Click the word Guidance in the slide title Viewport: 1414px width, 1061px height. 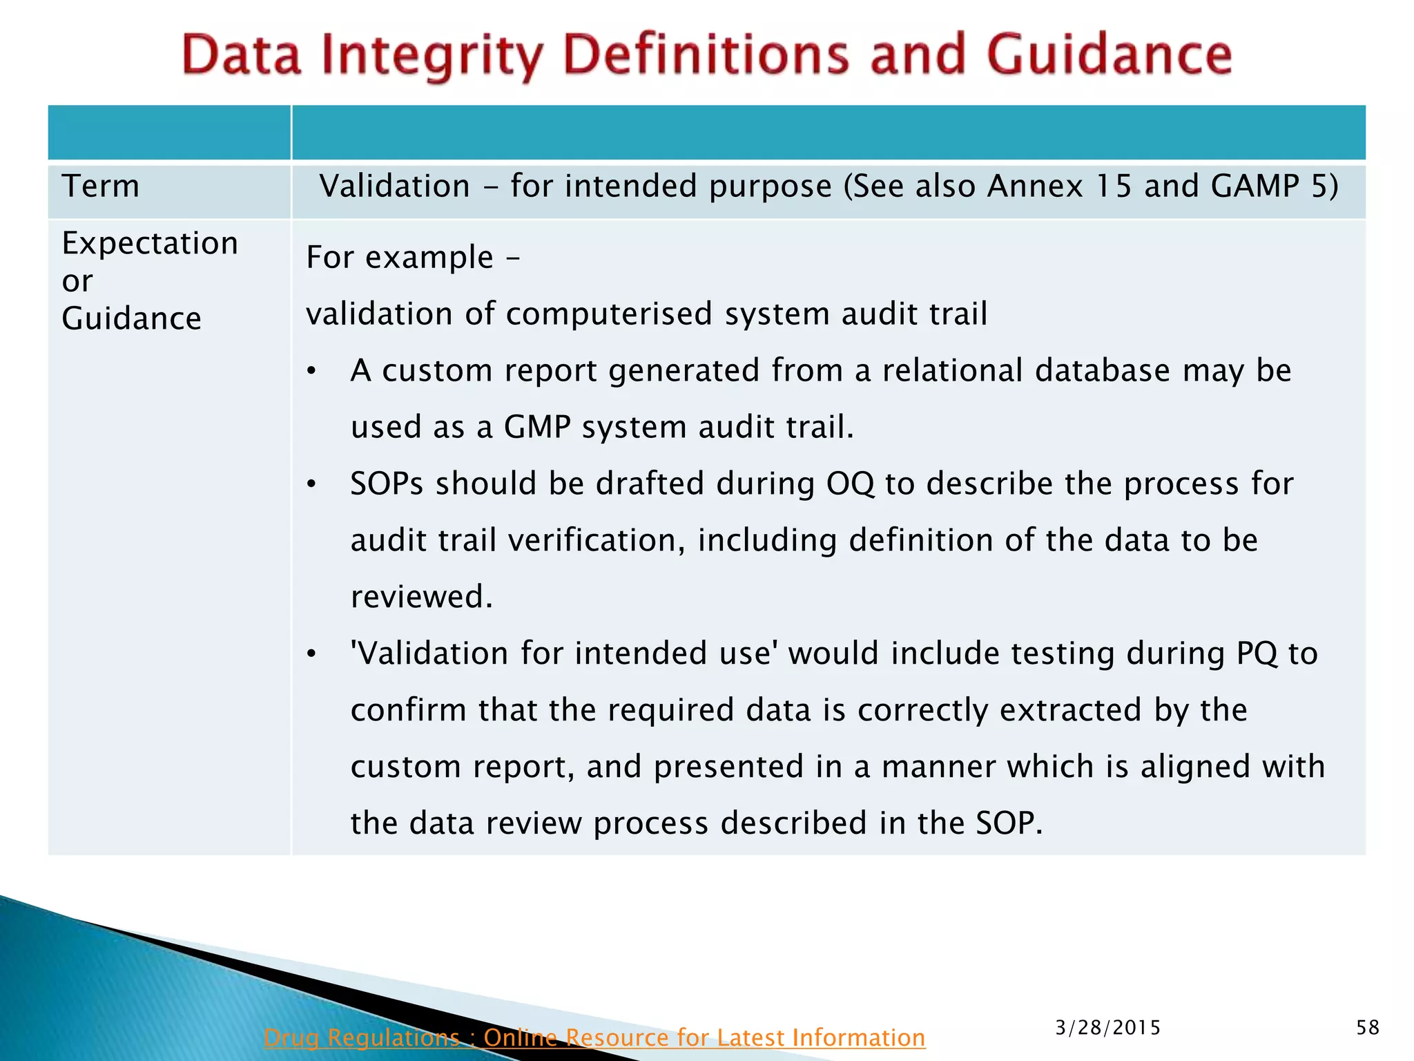click(1109, 55)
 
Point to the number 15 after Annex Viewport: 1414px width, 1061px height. click(1114, 187)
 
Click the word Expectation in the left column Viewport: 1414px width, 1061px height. click(150, 244)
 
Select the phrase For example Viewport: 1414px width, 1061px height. click(400, 258)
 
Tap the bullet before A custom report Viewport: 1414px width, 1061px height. click(312, 372)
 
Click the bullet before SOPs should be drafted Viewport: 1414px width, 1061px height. click(312, 485)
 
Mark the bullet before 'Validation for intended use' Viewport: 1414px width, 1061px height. click(312, 654)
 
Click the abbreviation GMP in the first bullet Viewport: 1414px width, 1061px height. click(536, 428)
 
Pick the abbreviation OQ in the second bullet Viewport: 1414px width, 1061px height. click(850, 484)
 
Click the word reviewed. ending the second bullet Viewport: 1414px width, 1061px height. click(422, 598)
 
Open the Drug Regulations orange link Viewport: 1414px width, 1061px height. click(594, 1038)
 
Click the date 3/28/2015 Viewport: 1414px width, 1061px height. click(1107, 1028)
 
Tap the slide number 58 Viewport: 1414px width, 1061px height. click(1367, 1028)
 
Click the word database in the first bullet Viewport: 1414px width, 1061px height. click(1102, 371)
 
